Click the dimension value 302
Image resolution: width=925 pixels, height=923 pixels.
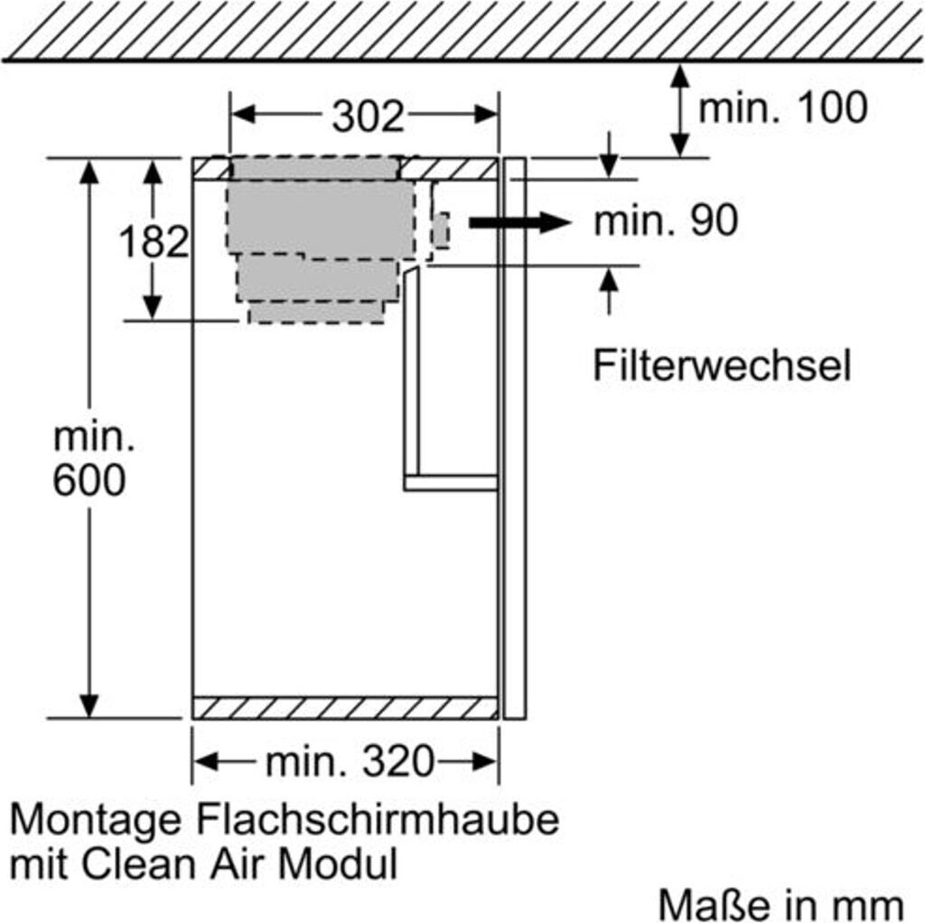click(x=366, y=116)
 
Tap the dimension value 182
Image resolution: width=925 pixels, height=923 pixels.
click(x=154, y=241)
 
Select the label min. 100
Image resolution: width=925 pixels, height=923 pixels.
click(x=782, y=108)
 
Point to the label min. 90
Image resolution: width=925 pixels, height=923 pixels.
click(x=665, y=221)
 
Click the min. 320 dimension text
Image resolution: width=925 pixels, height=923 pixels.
click(x=349, y=763)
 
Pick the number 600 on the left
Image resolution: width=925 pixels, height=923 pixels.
click(x=89, y=481)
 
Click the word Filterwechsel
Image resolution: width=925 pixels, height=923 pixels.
click(x=722, y=366)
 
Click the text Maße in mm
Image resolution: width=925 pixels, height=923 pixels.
click(x=780, y=903)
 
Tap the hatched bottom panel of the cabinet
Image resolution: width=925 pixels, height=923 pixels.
click(x=345, y=707)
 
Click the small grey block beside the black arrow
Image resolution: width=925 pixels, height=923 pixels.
click(x=441, y=230)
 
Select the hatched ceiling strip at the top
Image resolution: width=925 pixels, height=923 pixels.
click(x=462, y=30)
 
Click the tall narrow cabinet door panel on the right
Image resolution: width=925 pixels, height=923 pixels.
click(x=514, y=438)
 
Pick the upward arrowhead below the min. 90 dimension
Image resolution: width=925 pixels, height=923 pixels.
click(x=610, y=281)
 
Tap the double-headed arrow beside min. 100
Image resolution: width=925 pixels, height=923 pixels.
click(x=679, y=110)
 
